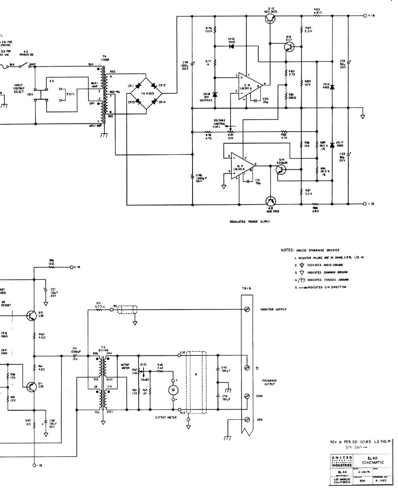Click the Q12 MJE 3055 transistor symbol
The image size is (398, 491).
click(x=269, y=19)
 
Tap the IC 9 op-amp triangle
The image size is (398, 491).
click(x=242, y=166)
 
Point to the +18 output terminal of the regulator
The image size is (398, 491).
click(x=365, y=16)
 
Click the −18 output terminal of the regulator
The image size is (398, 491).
click(x=365, y=204)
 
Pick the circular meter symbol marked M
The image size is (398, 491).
click(x=173, y=390)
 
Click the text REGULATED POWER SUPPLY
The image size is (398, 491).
click(x=250, y=222)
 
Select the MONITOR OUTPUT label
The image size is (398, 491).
click(x=273, y=310)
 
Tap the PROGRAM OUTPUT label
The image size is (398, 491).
click(x=269, y=382)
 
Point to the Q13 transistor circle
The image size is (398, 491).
click(x=289, y=47)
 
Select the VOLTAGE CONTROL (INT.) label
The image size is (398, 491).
click(x=220, y=124)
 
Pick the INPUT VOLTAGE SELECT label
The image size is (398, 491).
click(x=19, y=88)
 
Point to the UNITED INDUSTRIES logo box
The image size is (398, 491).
click(x=342, y=461)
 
